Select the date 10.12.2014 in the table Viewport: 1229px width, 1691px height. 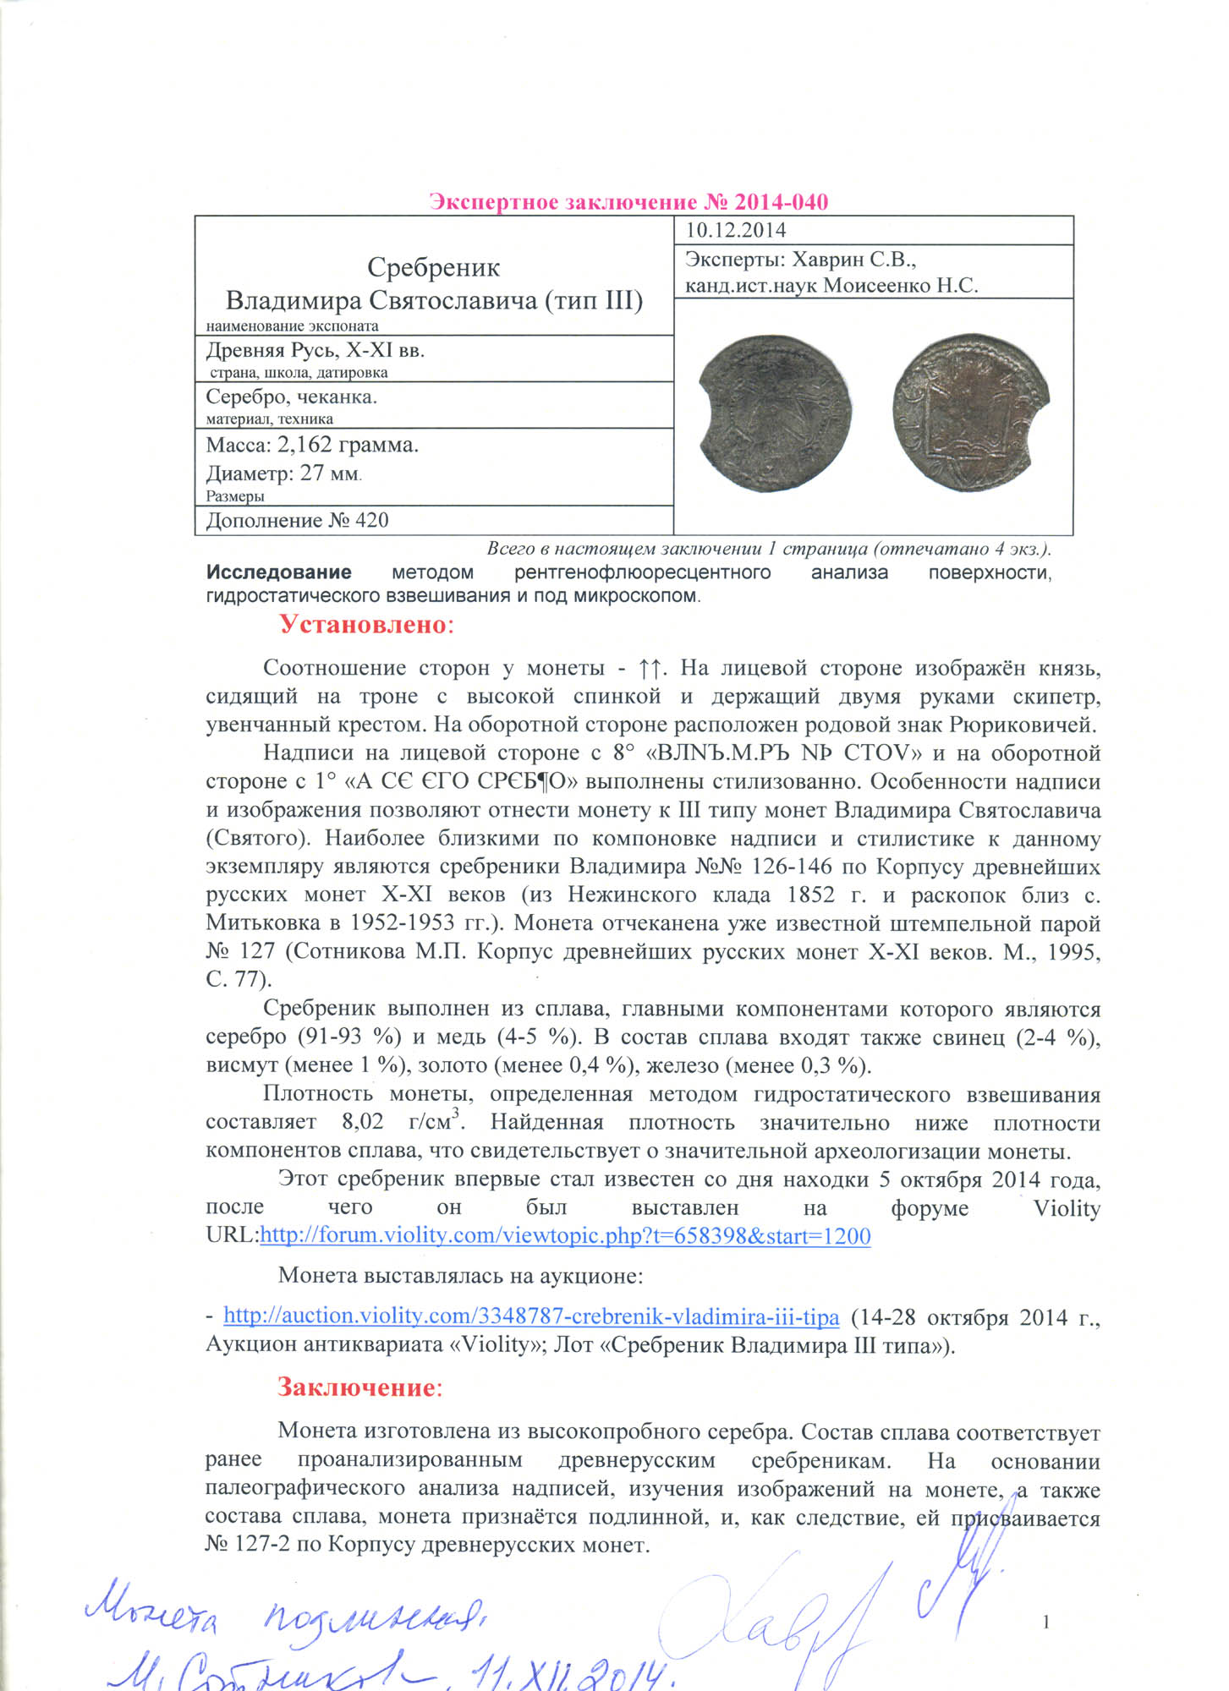click(735, 230)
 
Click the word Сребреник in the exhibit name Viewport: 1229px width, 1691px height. click(433, 268)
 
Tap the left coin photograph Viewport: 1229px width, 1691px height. click(776, 413)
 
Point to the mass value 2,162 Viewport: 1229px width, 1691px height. click(308, 445)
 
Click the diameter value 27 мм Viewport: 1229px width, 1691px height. click(330, 473)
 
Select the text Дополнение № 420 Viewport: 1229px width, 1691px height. click(297, 520)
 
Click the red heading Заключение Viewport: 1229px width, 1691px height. click(358, 1387)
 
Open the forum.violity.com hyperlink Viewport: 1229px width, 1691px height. click(565, 1235)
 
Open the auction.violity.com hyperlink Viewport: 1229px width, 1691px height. click(531, 1316)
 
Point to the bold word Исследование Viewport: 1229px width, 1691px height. click(278, 572)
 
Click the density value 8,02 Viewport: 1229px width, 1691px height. click(362, 1122)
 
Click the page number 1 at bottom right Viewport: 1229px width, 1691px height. click(1046, 1622)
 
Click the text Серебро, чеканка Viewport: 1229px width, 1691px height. click(291, 397)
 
